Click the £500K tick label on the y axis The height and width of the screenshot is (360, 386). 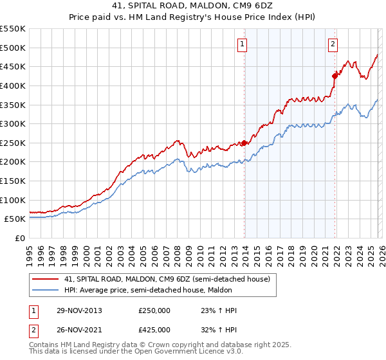point(12,48)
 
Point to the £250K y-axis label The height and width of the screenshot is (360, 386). point(12,143)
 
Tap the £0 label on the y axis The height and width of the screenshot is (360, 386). point(19,238)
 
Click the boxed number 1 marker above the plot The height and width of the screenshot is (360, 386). point(243,44)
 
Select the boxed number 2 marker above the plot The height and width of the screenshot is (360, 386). point(333,44)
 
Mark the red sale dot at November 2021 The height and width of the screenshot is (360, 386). point(335,76)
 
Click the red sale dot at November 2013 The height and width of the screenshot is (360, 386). point(244,143)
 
